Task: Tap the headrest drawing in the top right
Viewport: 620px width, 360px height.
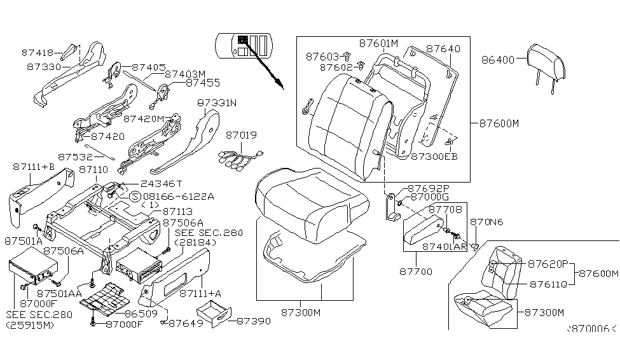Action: coord(546,61)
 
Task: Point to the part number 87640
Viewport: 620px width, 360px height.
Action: coord(443,48)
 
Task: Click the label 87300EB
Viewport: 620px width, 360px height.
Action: coord(434,155)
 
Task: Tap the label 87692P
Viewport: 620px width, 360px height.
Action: coord(428,188)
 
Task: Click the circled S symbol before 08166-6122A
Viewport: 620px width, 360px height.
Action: coord(135,196)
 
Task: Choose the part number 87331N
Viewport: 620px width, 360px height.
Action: coord(216,102)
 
